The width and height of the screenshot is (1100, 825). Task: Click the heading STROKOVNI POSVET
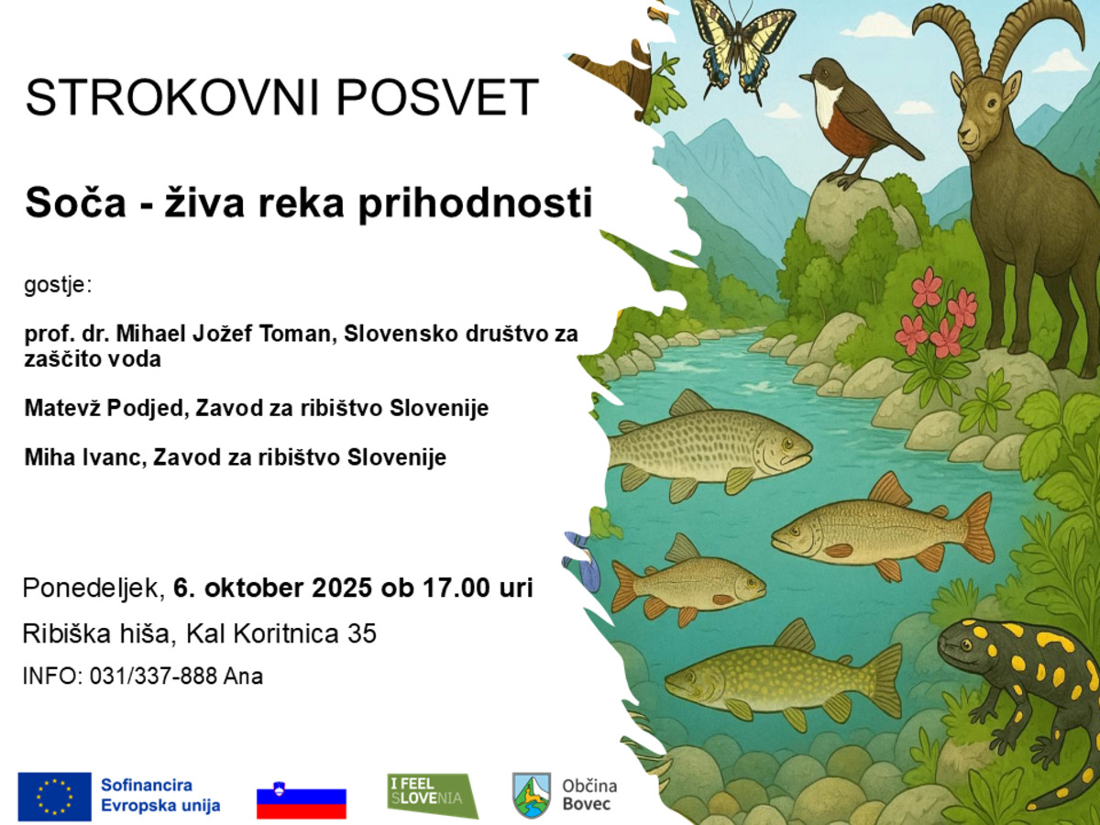click(281, 98)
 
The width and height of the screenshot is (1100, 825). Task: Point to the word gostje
click(58, 285)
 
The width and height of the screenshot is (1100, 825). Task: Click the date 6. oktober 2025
click(274, 588)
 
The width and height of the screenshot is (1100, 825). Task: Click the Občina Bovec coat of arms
click(532, 795)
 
